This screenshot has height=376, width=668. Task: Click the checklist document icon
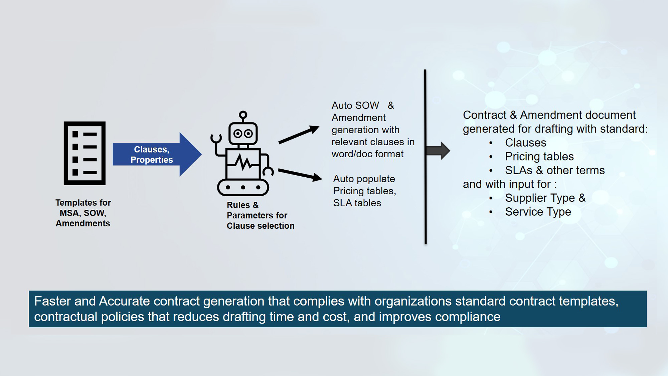pyautogui.click(x=85, y=153)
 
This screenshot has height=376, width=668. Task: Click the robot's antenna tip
pyautogui.click(x=243, y=115)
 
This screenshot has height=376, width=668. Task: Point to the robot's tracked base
pyautogui.click(x=243, y=187)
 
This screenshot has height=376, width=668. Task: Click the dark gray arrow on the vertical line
pyautogui.click(x=438, y=151)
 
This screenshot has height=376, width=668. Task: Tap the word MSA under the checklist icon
pyautogui.click(x=69, y=213)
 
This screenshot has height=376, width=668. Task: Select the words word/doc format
pyautogui.click(x=367, y=154)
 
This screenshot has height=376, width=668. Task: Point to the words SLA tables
pyautogui.click(x=357, y=203)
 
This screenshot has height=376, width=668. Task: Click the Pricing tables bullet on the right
pyautogui.click(x=539, y=157)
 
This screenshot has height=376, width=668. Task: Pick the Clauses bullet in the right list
pyautogui.click(x=525, y=143)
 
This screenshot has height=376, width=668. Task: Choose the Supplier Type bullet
pyautogui.click(x=545, y=198)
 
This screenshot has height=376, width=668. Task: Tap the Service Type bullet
pyautogui.click(x=538, y=212)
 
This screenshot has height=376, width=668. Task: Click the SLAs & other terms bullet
pyautogui.click(x=554, y=170)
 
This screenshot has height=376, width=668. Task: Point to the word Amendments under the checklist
pyautogui.click(x=83, y=223)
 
